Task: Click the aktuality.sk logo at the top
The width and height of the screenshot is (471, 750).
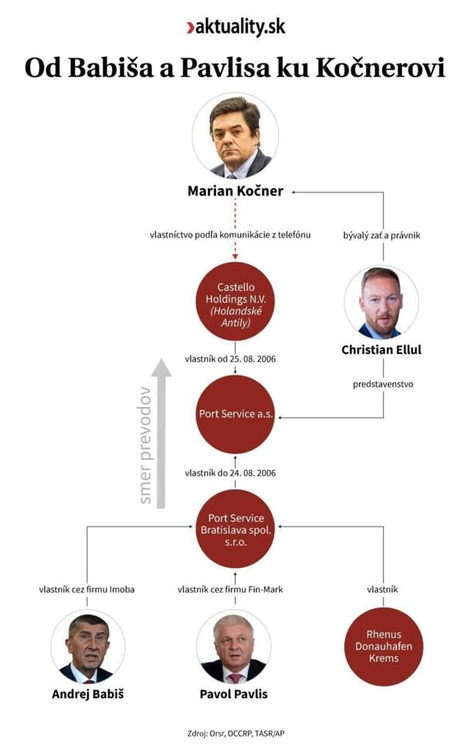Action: tap(235, 27)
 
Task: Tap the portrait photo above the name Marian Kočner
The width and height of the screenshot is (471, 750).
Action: tap(235, 137)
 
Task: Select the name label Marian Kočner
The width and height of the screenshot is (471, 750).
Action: tap(235, 191)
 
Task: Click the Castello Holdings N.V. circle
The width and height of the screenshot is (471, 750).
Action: tap(235, 300)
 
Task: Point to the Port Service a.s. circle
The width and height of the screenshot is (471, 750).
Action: tap(235, 414)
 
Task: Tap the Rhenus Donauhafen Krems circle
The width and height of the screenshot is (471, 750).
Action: tap(384, 647)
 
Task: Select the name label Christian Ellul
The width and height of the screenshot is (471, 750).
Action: tap(381, 350)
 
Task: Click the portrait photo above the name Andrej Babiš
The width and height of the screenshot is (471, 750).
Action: tap(88, 647)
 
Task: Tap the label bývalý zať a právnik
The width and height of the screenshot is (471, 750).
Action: tap(381, 235)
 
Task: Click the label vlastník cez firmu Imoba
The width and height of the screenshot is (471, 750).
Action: tap(87, 590)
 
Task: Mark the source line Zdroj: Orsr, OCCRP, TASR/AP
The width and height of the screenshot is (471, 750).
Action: tap(235, 734)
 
